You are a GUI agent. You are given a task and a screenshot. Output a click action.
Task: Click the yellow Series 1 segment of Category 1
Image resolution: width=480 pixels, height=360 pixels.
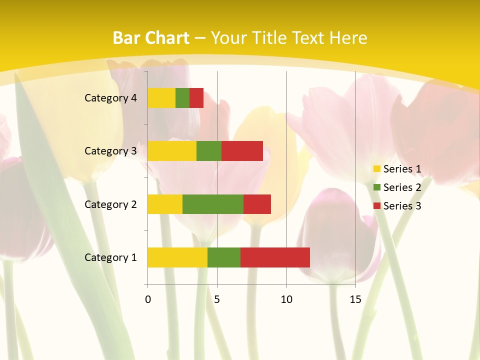[177, 257]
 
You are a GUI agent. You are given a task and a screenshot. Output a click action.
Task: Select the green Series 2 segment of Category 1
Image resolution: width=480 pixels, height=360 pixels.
[224, 257]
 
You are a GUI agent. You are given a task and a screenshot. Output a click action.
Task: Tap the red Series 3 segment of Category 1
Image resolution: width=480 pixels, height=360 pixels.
[275, 257]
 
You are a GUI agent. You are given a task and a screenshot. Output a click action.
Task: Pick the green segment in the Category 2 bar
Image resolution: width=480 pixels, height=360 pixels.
[213, 204]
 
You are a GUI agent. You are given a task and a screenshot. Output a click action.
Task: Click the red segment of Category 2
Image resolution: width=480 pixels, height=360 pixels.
[257, 204]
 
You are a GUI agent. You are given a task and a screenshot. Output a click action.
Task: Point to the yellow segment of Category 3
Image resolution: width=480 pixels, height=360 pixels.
[172, 151]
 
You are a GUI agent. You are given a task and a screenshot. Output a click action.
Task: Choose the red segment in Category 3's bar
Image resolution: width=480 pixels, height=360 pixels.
[242, 151]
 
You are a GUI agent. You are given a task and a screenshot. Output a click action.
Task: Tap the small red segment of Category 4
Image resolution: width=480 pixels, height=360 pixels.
[196, 98]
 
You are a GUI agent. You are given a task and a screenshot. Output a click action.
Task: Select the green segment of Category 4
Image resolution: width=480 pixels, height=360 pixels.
[182, 98]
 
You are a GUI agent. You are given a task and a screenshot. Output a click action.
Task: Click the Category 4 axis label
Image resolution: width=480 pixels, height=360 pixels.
[110, 98]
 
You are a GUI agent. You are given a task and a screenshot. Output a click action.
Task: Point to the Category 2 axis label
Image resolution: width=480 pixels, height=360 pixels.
[110, 204]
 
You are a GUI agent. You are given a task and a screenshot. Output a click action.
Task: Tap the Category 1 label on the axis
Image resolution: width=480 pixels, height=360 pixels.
[110, 257]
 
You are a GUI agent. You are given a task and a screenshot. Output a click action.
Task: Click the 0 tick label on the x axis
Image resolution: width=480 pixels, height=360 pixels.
[147, 299]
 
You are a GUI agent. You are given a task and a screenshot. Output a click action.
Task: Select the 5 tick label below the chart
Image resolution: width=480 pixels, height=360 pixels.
[217, 299]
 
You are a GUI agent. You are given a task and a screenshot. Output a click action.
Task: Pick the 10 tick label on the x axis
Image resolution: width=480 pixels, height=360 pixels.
[286, 299]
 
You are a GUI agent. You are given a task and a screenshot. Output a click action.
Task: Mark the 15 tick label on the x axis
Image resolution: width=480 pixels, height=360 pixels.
[355, 299]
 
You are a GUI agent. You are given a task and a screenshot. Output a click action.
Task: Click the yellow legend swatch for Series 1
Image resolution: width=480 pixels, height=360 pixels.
[376, 169]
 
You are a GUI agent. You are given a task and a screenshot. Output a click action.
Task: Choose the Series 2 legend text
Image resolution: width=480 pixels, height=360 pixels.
[402, 187]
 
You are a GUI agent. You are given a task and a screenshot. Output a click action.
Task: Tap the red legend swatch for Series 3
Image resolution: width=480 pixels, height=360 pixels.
[376, 206]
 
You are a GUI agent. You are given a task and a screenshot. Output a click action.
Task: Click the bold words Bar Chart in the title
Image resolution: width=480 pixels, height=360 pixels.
[151, 37]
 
